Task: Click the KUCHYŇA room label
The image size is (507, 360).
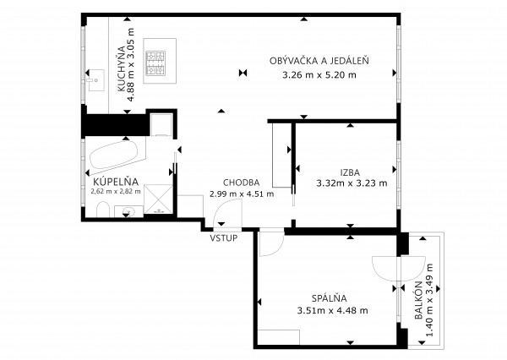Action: pyautogui.click(x=122, y=69)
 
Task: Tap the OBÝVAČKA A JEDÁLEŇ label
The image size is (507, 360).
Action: pyautogui.click(x=319, y=61)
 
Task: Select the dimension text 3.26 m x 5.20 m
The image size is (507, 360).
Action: pyautogui.click(x=319, y=75)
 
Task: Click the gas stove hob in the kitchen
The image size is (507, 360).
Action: pyautogui.click(x=155, y=63)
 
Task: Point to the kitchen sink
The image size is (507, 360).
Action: pyautogui.click(x=95, y=80)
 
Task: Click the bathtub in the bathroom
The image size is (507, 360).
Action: pyautogui.click(x=113, y=155)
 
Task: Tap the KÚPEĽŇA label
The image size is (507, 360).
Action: pyautogui.click(x=116, y=182)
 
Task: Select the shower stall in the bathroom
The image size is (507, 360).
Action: pyautogui.click(x=159, y=199)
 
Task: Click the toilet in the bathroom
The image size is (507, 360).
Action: pyautogui.click(x=103, y=210)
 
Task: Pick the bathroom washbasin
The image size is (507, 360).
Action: pyautogui.click(x=129, y=211)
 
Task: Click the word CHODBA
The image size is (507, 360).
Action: pyautogui.click(x=241, y=183)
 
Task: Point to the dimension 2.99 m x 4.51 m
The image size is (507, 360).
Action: pyautogui.click(x=242, y=194)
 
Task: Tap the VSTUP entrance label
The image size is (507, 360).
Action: pyautogui.click(x=224, y=238)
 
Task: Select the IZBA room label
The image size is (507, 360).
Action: pyautogui.click(x=350, y=172)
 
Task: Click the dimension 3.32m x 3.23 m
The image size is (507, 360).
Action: pyautogui.click(x=352, y=183)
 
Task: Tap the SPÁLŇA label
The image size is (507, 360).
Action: pyautogui.click(x=330, y=298)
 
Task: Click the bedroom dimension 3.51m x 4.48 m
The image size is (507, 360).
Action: pyautogui.click(x=332, y=311)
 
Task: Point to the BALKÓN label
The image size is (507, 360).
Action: pyautogui.click(x=419, y=301)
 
